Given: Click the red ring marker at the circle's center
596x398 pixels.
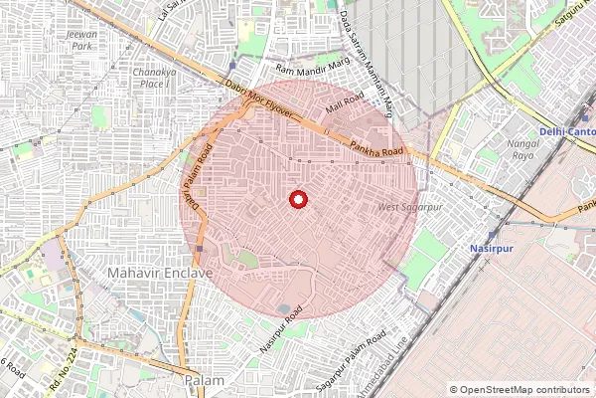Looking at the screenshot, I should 297,199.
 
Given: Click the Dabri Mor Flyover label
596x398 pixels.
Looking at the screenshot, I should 259,99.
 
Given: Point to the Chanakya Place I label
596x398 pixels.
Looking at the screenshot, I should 154,78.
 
